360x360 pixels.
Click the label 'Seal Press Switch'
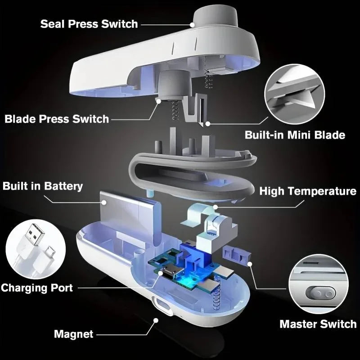click(89, 24)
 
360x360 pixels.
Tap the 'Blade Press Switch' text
click(57, 119)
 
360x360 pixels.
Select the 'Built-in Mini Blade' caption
click(295, 135)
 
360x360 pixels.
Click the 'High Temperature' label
click(308, 191)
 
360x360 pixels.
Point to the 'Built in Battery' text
click(43, 186)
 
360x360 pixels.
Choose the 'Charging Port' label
click(37, 288)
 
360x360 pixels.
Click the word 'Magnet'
click(74, 334)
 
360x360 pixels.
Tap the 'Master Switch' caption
click(318, 324)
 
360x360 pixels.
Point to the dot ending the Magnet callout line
click(156, 320)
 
